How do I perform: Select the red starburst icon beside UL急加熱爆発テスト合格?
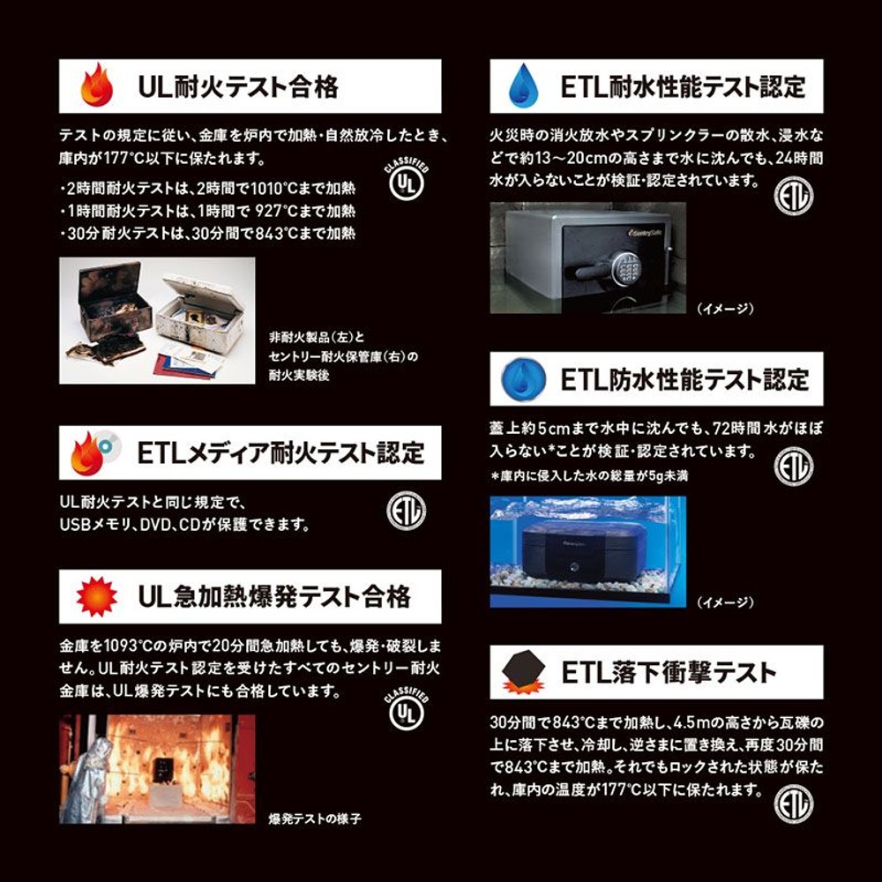click(x=96, y=597)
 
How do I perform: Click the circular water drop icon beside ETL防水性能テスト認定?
click(x=523, y=378)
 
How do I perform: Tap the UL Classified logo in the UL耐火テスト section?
click(x=407, y=183)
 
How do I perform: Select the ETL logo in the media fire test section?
click(x=406, y=511)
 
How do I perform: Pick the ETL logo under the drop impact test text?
click(x=793, y=804)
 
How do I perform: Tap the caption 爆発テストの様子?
click(x=315, y=818)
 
